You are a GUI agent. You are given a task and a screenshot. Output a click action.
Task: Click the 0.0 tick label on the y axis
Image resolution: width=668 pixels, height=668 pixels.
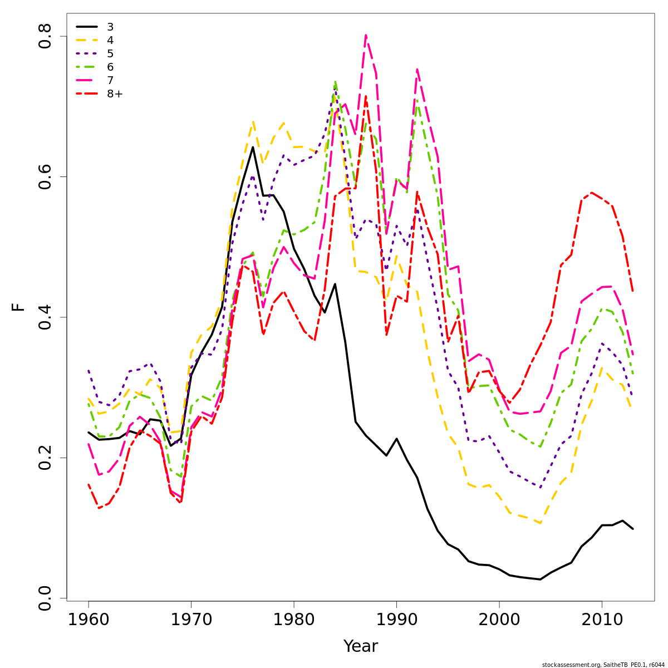coord(45,598)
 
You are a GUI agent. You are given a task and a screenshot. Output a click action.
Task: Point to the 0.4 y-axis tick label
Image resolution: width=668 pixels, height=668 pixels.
coord(45,317)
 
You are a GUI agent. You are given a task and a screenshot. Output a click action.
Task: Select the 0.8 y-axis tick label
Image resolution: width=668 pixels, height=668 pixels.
coord(45,36)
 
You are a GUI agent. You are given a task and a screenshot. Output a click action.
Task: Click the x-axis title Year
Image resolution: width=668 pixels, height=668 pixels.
coord(361,646)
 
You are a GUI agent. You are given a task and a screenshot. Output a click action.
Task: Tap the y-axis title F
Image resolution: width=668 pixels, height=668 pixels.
coord(19,307)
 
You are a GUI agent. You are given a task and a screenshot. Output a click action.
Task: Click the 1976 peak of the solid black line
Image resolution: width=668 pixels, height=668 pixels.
coord(253,147)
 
